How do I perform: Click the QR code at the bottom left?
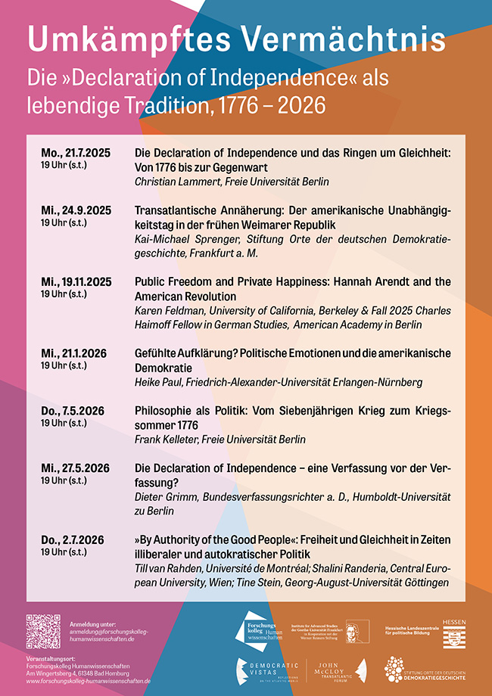coord(43,631)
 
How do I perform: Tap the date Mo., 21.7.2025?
coord(76,153)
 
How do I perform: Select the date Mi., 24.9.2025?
coord(76,210)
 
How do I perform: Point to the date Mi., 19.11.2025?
coord(76,281)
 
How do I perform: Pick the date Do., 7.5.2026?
coord(73,411)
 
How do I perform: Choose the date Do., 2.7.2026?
coord(73,539)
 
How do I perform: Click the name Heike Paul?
coord(155,382)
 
